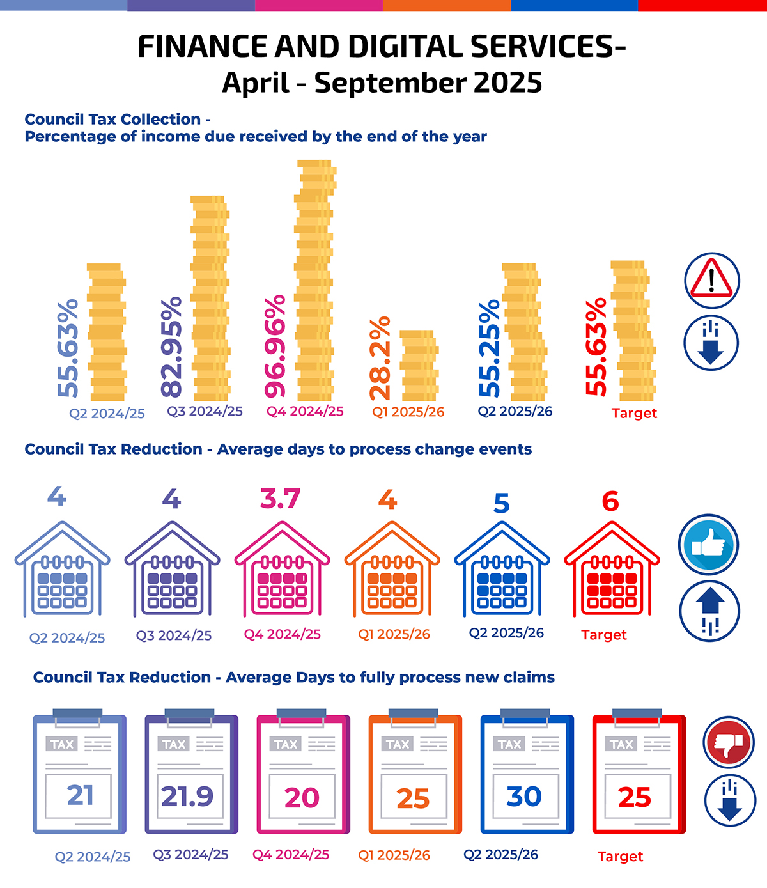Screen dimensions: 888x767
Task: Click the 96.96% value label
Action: click(x=275, y=347)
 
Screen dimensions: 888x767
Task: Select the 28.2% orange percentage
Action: click(x=380, y=358)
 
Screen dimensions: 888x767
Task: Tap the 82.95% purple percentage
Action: click(x=172, y=347)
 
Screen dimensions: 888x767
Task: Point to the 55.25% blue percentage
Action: click(x=490, y=348)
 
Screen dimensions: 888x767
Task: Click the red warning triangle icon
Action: click(x=711, y=280)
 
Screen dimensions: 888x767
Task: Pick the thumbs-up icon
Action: click(x=708, y=545)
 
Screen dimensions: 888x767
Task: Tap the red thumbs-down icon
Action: click(x=729, y=742)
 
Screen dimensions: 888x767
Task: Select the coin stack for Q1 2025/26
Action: click(x=419, y=365)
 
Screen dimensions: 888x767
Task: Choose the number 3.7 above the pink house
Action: click(x=280, y=499)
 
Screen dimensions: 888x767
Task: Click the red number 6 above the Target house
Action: click(x=610, y=501)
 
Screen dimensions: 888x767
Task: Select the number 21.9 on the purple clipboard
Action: click(x=187, y=796)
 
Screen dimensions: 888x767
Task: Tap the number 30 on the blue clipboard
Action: click(x=524, y=796)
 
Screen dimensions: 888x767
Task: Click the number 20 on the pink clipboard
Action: click(x=302, y=797)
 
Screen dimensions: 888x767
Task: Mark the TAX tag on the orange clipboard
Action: click(x=398, y=744)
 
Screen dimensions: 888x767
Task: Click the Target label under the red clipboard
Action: click(x=620, y=857)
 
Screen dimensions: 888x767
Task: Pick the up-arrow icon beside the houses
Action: click(x=709, y=611)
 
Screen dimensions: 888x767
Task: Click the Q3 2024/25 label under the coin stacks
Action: click(x=205, y=411)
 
